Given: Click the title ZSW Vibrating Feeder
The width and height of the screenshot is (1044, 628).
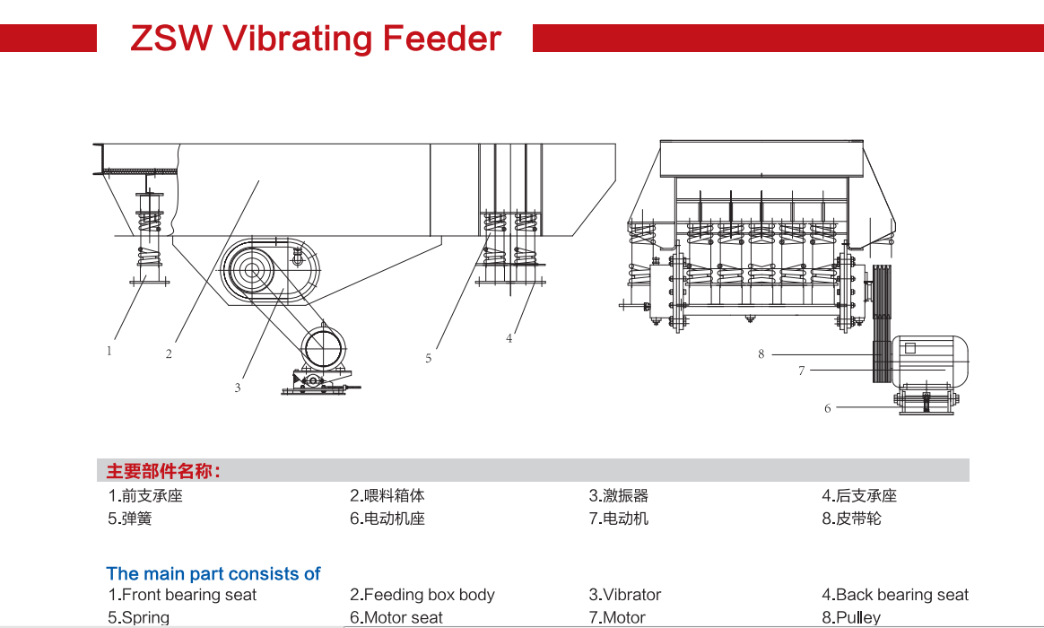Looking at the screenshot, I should pyautogui.click(x=316, y=39).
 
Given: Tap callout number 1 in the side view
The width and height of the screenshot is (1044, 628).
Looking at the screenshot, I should pyautogui.click(x=109, y=351).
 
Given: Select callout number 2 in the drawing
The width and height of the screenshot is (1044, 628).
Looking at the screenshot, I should pyautogui.click(x=169, y=354).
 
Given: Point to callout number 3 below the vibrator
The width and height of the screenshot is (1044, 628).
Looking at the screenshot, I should pyautogui.click(x=238, y=388).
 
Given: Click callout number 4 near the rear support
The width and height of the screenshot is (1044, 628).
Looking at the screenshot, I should pyautogui.click(x=509, y=338).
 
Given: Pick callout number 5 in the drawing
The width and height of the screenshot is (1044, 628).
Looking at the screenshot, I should pyautogui.click(x=429, y=358).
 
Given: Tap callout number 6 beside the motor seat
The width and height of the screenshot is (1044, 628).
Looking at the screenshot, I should pyautogui.click(x=828, y=408).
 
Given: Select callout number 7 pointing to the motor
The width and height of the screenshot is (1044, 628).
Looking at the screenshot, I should pyautogui.click(x=802, y=371).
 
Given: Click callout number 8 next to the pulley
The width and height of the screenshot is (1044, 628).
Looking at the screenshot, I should pyautogui.click(x=761, y=354).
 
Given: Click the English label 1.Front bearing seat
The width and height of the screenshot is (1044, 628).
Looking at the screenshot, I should pyautogui.click(x=182, y=595).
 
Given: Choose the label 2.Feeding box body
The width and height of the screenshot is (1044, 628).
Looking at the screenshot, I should pyautogui.click(x=422, y=595).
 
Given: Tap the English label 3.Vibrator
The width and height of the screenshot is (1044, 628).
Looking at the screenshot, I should pyautogui.click(x=625, y=595).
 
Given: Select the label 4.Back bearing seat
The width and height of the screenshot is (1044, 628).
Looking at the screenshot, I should pyautogui.click(x=895, y=595).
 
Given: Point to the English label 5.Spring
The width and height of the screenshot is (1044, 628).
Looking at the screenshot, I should pyautogui.click(x=139, y=617).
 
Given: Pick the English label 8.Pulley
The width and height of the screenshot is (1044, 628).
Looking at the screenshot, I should pyautogui.click(x=851, y=617).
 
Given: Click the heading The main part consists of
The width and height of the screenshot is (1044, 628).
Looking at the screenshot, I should pyautogui.click(x=213, y=573).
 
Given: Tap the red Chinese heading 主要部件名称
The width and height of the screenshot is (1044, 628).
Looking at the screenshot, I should pyautogui.click(x=163, y=471).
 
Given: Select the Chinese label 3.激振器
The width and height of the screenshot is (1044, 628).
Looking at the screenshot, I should pyautogui.click(x=619, y=495).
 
